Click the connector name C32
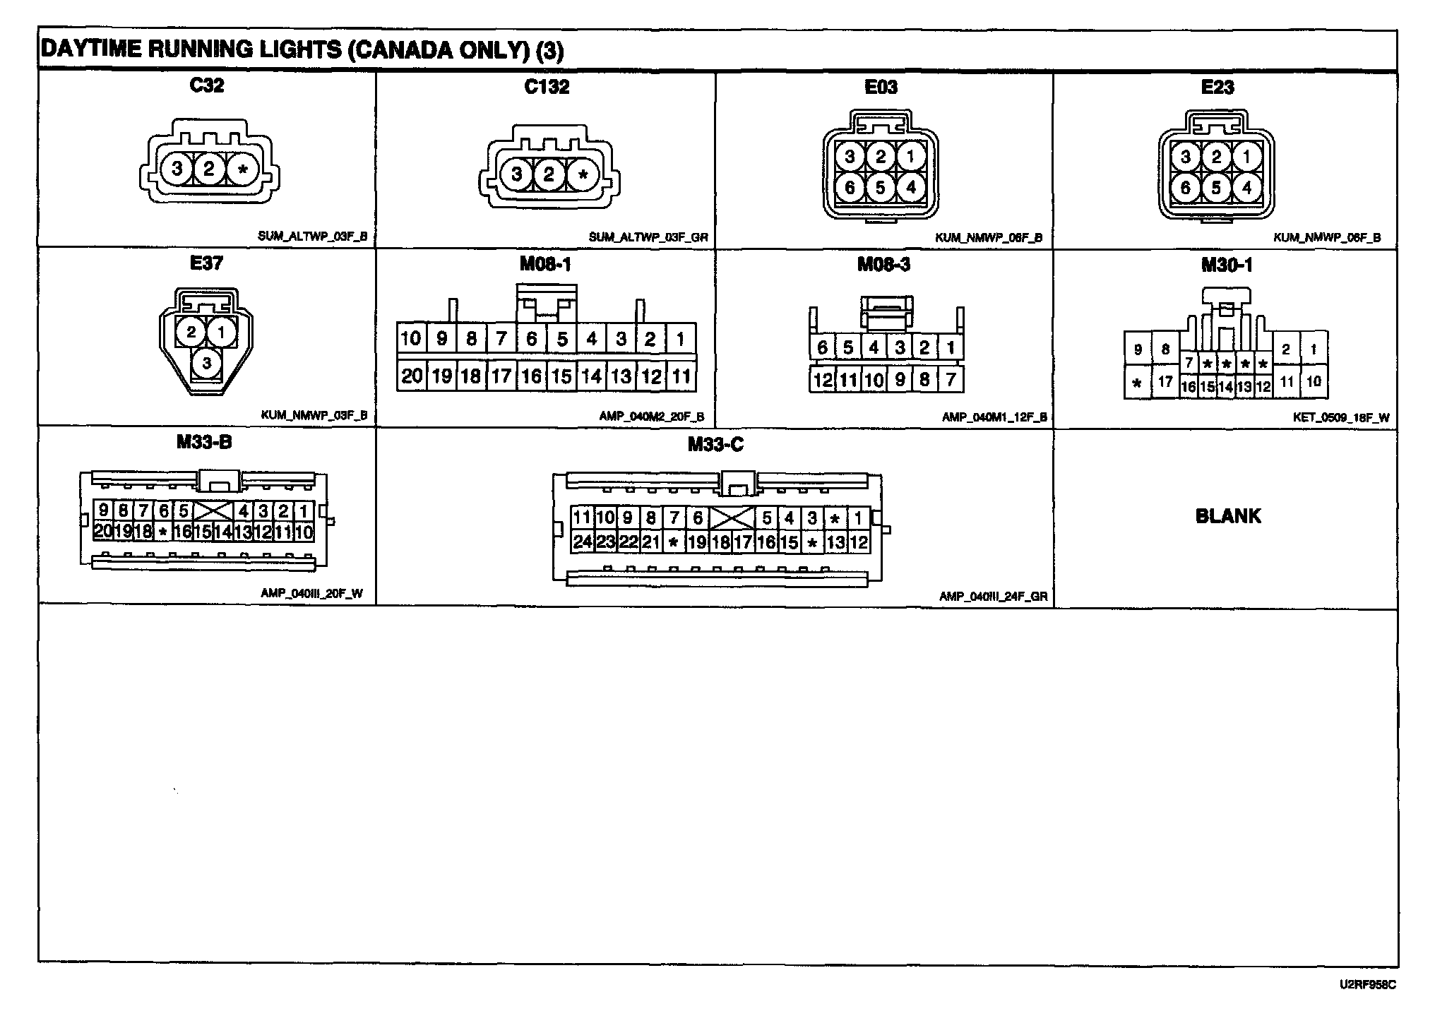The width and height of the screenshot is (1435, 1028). tap(207, 85)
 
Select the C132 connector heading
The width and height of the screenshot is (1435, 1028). tap(547, 87)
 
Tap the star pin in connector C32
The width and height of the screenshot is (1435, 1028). tap(243, 169)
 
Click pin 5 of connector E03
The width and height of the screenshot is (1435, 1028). tap(880, 187)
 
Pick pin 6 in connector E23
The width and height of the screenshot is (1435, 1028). tap(1186, 188)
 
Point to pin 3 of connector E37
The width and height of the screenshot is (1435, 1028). tap(207, 364)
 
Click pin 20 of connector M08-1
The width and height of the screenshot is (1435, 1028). tap(411, 376)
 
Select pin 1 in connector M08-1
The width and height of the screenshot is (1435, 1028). tap(681, 340)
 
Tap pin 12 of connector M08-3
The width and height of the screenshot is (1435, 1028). tap(822, 381)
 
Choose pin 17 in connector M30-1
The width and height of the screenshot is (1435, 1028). tap(1165, 383)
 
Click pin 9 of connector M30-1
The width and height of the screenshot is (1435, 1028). tap(1138, 349)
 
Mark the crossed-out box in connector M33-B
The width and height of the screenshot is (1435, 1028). tap(213, 511)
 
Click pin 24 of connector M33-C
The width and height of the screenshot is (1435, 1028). tap(583, 542)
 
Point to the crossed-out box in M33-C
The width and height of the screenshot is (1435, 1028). tap(732, 518)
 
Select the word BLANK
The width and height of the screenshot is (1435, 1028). tap(1228, 516)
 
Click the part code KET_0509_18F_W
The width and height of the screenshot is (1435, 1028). tap(1341, 417)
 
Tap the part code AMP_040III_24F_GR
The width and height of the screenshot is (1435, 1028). tap(993, 597)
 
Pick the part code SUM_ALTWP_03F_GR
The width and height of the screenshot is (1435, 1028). tap(648, 238)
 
